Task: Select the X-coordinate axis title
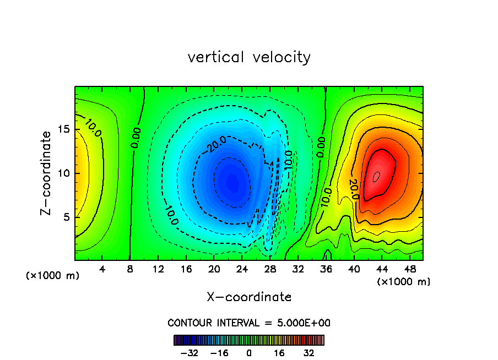point(249,297)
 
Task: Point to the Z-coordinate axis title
point(47,173)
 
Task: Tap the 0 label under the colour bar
point(249,353)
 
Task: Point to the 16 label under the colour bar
point(279,353)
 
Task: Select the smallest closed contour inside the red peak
point(377,176)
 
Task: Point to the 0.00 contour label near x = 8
point(136,138)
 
